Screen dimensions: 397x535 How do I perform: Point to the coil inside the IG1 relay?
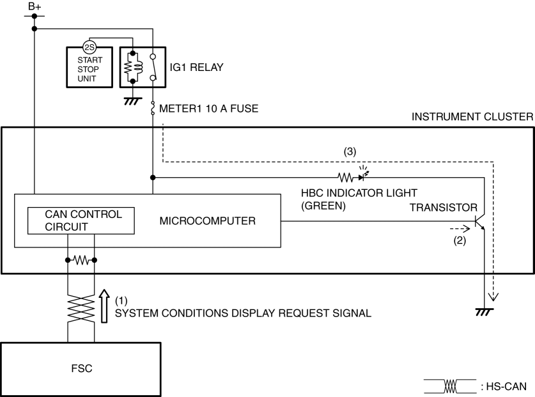pos(133,66)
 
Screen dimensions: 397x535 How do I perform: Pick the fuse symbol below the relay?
pos(153,109)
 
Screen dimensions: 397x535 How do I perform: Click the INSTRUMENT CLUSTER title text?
pos(472,118)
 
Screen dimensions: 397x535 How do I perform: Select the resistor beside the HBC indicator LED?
pos(346,176)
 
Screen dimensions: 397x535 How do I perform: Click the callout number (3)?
pos(350,152)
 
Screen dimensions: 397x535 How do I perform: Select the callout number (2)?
pos(458,241)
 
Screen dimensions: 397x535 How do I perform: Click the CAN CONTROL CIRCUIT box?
pos(80,220)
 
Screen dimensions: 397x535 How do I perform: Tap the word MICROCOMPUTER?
pos(199,222)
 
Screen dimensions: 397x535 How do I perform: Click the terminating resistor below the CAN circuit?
pos(81,260)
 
